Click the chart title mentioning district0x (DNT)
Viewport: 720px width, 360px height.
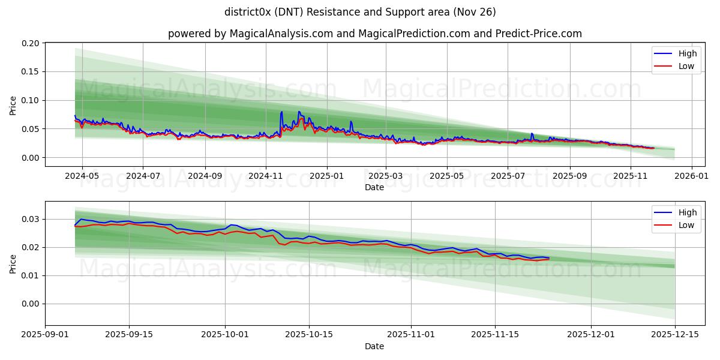point(360,12)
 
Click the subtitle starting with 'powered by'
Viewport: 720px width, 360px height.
point(374,34)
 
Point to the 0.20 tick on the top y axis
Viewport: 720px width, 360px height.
point(31,43)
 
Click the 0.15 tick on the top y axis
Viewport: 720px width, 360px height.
point(31,71)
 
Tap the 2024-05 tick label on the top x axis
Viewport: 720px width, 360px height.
point(82,177)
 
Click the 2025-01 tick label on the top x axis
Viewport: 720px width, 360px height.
point(327,177)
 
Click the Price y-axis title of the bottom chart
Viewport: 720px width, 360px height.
point(13,263)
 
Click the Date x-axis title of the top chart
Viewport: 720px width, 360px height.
point(374,187)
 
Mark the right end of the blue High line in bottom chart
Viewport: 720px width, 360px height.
point(548,258)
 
